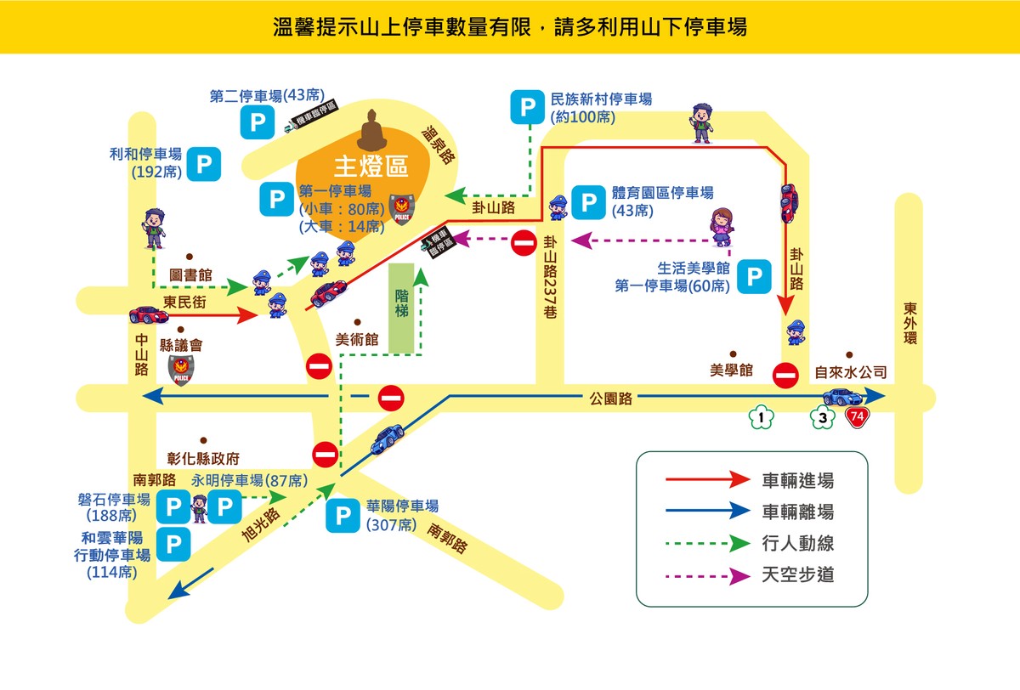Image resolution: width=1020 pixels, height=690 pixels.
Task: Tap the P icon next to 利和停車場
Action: pyautogui.click(x=204, y=164)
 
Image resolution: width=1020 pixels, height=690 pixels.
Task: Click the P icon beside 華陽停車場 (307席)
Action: pyautogui.click(x=343, y=516)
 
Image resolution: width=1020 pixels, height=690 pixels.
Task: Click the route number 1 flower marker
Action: pyautogui.click(x=762, y=416)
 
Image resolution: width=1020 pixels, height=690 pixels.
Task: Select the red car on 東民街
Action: pyautogui.click(x=149, y=315)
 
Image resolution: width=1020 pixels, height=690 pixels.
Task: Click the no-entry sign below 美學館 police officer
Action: pyautogui.click(x=785, y=374)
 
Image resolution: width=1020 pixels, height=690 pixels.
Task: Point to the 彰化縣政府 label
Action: pyautogui.click(x=204, y=459)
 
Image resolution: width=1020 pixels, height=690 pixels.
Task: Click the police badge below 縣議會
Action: pyautogui.click(x=180, y=370)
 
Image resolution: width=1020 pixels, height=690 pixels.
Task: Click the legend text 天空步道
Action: pyautogui.click(x=797, y=575)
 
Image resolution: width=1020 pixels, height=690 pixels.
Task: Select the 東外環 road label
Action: pyautogui.click(x=910, y=324)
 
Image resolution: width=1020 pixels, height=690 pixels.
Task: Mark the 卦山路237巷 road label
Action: pyautogui.click(x=550, y=276)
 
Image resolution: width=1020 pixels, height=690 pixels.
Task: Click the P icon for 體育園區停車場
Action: pyautogui.click(x=588, y=201)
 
